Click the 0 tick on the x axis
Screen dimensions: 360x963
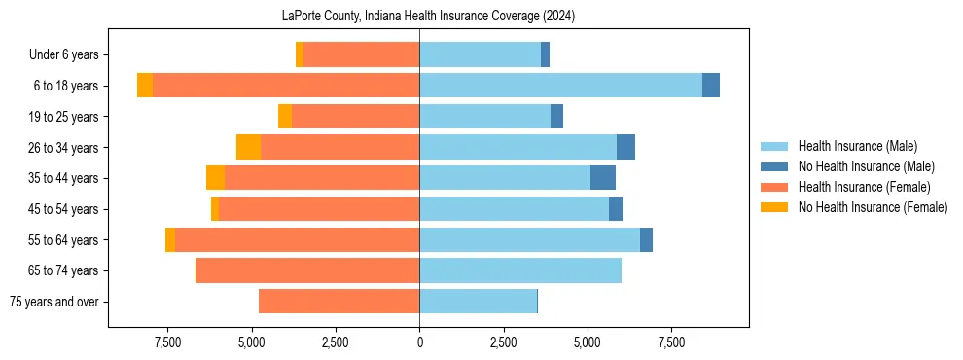(x=419, y=343)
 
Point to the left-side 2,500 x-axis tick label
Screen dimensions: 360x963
(x=336, y=343)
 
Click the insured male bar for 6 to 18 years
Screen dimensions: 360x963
(x=560, y=86)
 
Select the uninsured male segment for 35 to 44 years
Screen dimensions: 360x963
(x=602, y=178)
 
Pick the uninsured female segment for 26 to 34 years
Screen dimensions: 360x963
(x=248, y=147)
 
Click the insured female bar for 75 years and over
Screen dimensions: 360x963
(x=339, y=302)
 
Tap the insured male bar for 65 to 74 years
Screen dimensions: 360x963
(x=520, y=270)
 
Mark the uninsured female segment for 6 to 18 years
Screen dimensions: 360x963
(x=145, y=86)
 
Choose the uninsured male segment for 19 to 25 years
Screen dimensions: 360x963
(x=556, y=117)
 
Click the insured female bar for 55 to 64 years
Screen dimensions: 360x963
(x=298, y=239)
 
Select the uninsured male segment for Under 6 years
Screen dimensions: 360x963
(x=545, y=54)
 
